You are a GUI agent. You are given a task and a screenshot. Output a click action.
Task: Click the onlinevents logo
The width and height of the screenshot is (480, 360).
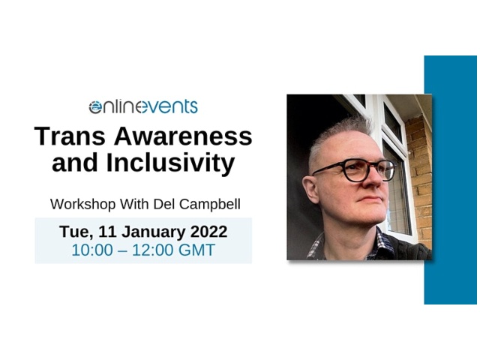tap(142, 106)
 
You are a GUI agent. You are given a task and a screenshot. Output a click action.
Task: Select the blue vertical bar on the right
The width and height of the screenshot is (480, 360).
tap(451, 180)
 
